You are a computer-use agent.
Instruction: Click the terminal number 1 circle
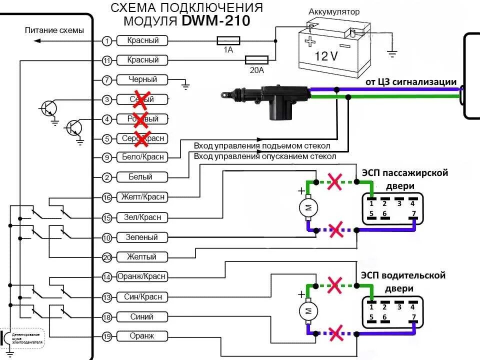point(106,40)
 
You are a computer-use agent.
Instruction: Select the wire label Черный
point(142,79)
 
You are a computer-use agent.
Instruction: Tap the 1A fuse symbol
point(228,40)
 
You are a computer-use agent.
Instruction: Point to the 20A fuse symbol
point(256,60)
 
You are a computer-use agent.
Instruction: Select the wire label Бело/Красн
point(143,157)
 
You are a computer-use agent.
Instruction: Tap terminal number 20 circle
point(106,257)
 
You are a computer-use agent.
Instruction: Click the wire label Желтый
point(142,257)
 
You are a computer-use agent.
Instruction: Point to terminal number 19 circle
point(106,336)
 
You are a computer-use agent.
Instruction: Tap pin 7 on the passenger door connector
point(413,214)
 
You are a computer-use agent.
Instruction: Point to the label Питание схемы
point(54,30)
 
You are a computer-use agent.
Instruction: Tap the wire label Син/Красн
point(142,297)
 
